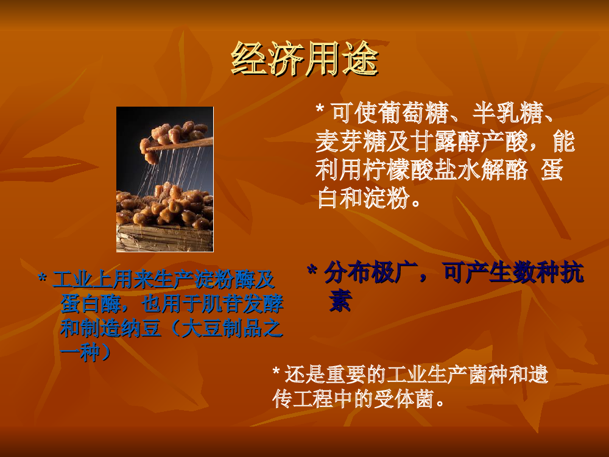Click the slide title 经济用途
304,58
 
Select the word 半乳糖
507,113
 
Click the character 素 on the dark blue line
340,301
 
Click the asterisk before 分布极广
312,271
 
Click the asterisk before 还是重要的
276,371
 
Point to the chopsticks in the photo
180,144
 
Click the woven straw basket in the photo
164,238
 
